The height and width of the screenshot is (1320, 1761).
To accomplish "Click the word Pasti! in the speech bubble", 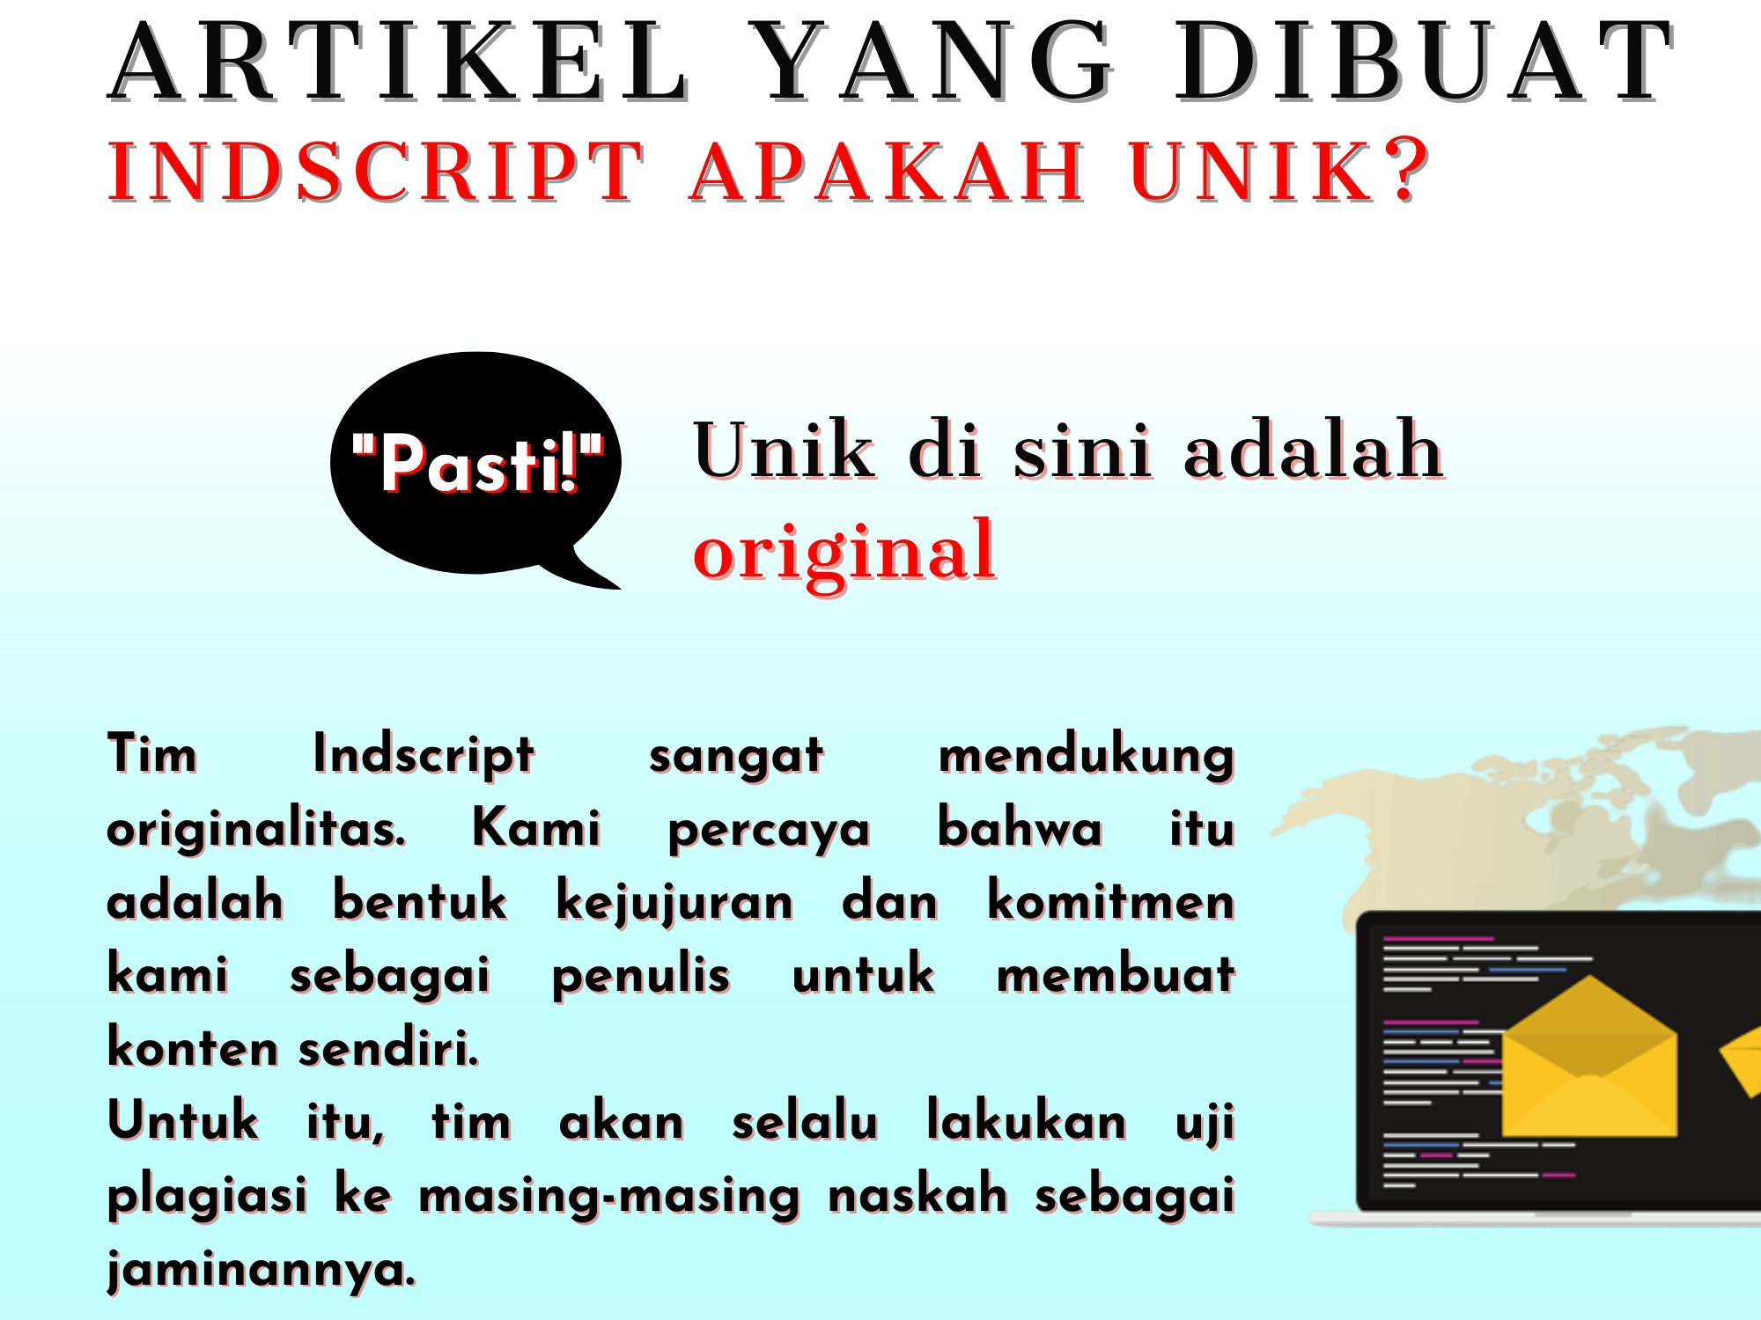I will [478, 465].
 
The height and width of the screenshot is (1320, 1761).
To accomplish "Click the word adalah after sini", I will [1313, 451].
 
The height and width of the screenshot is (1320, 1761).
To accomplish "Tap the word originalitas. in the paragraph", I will [256, 830].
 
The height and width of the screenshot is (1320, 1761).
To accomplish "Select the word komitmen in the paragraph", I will [1110, 902].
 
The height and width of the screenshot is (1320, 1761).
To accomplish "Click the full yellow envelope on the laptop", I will [1588, 1060].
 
